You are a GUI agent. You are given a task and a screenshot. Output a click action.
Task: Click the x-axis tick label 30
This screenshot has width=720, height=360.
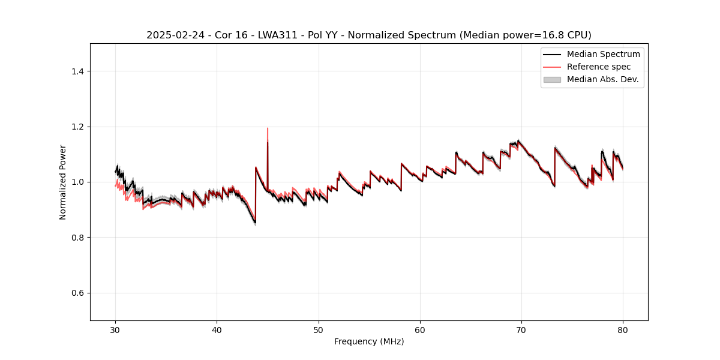point(116,329)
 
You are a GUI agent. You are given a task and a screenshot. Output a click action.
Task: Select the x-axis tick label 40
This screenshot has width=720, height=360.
point(217,329)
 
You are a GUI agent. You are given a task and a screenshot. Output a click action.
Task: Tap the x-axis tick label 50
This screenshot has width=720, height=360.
point(319,329)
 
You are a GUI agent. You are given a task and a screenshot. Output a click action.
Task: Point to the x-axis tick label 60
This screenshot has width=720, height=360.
point(420,329)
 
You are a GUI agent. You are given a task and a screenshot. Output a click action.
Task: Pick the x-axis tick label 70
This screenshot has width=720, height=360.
point(521,329)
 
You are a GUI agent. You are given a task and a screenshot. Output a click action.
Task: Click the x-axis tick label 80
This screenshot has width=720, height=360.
point(623,329)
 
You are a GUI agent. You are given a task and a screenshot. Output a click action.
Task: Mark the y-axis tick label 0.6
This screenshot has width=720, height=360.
point(77,293)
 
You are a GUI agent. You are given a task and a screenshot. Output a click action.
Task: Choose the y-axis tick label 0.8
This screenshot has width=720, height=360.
point(77,238)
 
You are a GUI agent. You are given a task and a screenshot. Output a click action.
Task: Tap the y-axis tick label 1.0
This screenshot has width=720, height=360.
point(77,182)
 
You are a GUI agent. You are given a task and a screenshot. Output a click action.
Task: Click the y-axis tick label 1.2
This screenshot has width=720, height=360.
point(77,127)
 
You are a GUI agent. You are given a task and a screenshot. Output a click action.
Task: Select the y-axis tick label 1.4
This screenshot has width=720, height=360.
point(77,71)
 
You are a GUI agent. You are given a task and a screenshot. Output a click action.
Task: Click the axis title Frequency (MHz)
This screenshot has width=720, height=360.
point(369,341)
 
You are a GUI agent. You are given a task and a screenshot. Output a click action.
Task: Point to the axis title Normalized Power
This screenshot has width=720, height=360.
point(62,182)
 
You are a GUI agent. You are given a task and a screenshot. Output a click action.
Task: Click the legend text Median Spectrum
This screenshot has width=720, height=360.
point(603,54)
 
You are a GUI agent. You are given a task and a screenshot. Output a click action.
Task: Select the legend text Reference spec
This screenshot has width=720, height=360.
point(599,67)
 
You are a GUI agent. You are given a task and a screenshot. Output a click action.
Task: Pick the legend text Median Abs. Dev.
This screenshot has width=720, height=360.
point(602,79)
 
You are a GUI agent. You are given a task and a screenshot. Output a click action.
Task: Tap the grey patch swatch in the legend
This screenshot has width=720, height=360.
point(552,79)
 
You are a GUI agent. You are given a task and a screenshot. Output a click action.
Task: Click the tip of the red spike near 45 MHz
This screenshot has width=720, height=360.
point(268,128)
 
